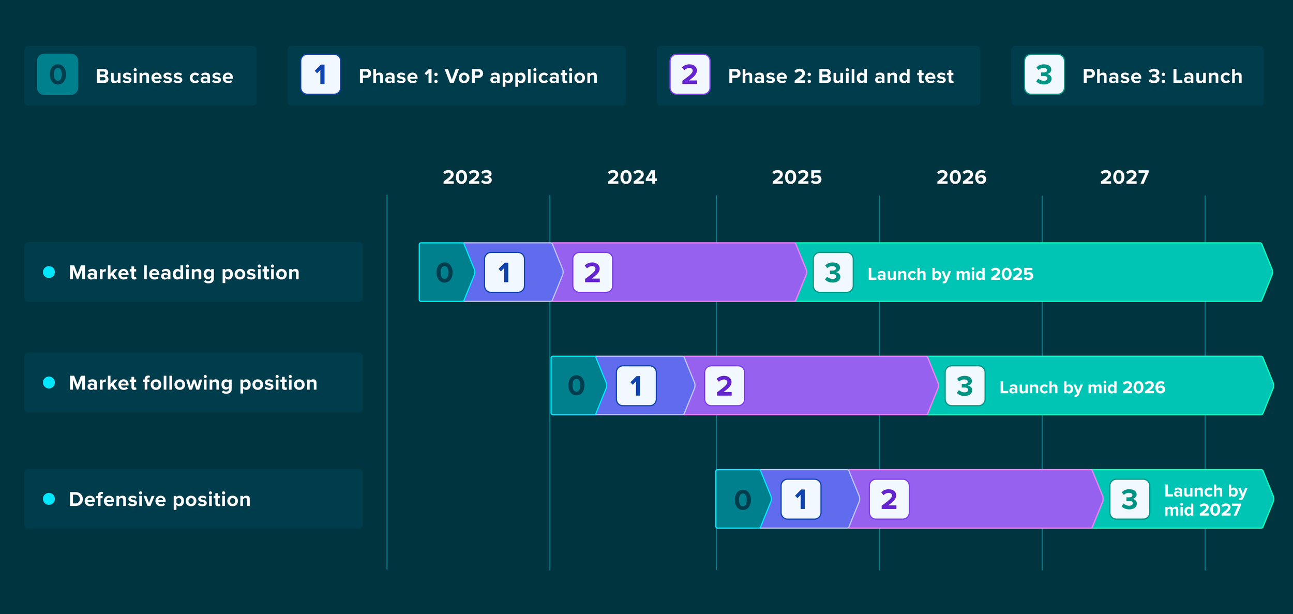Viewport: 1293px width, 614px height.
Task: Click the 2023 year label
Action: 468,177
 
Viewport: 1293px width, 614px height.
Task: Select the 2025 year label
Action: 796,177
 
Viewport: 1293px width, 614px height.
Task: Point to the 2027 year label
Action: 1124,177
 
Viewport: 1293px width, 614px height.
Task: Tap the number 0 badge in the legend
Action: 57,74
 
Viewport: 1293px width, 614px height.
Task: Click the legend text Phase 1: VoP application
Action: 478,77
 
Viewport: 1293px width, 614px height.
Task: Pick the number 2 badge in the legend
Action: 689,74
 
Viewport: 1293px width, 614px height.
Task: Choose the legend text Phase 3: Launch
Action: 1162,77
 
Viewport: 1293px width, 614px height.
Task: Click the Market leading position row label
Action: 184,273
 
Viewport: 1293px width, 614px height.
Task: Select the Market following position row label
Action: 193,383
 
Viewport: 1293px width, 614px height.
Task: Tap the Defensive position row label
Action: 159,499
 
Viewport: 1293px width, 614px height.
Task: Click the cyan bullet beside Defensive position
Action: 49,499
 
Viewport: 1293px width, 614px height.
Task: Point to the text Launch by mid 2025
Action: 950,274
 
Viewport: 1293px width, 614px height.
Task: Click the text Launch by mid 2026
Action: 1082,387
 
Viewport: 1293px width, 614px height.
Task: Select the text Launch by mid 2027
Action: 1205,500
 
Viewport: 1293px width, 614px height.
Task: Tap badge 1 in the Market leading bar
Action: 504,273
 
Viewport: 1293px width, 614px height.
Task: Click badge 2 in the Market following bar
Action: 724,386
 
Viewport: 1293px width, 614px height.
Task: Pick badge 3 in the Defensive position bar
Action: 1130,499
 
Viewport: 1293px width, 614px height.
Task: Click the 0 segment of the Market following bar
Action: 576,386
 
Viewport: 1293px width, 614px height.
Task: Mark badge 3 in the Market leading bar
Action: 833,273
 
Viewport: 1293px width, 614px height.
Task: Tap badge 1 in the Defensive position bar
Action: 801,499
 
